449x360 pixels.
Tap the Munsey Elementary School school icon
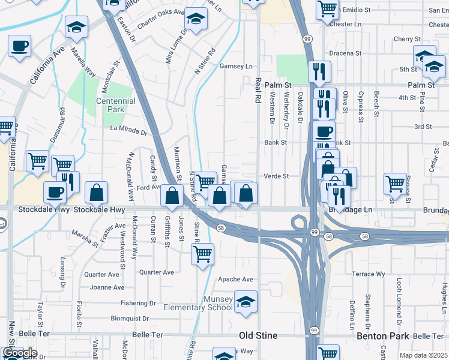pos(246,302)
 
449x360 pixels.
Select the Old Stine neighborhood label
pos(258,335)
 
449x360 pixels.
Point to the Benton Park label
pos(382,336)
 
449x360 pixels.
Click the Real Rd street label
pos(259,91)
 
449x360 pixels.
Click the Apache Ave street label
pos(235,279)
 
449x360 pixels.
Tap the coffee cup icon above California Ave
pos(19,46)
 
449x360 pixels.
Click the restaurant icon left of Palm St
pos(319,72)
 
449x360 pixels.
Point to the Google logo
pos(20,353)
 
